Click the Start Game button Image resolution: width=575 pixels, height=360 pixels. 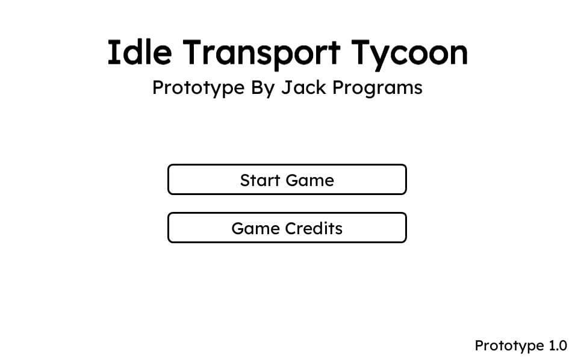click(x=287, y=179)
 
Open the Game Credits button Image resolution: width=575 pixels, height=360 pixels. click(x=287, y=228)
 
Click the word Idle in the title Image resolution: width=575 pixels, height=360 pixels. click(x=140, y=52)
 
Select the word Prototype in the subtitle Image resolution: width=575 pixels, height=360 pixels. click(x=198, y=88)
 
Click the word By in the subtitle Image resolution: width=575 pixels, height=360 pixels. click(x=263, y=88)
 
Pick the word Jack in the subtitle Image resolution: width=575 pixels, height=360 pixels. click(x=303, y=87)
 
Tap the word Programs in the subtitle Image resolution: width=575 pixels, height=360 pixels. click(x=378, y=88)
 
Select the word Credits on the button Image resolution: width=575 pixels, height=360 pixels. click(x=314, y=228)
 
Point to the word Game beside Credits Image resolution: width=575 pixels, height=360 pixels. click(x=256, y=228)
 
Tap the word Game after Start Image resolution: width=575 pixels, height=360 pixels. click(x=310, y=180)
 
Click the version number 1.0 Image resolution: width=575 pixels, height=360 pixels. click(x=558, y=346)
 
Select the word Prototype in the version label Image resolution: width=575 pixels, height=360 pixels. click(x=509, y=346)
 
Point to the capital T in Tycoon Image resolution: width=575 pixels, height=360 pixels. click(x=362, y=52)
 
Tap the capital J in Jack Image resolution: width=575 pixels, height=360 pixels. click(x=285, y=87)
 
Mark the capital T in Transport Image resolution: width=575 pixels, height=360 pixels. click(x=194, y=52)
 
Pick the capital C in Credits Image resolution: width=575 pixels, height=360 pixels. click(x=292, y=228)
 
